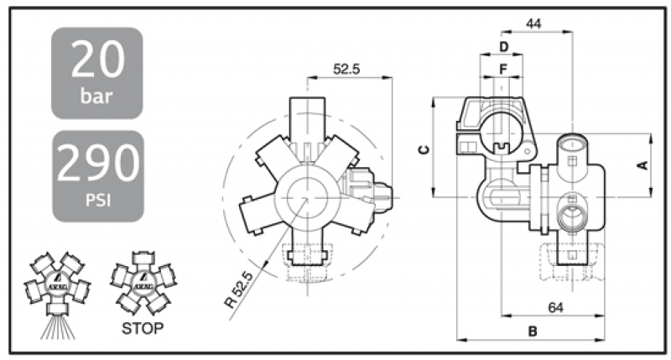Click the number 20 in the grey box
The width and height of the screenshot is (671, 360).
click(x=96, y=60)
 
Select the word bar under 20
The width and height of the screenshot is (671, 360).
click(x=96, y=95)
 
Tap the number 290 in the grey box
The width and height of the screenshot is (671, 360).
click(x=96, y=163)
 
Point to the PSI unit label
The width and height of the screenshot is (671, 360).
click(x=96, y=200)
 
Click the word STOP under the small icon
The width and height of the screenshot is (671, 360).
click(x=140, y=327)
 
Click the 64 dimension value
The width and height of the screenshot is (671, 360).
click(x=554, y=307)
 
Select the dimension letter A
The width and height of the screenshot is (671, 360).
click(x=642, y=165)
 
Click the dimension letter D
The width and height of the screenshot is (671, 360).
click(x=503, y=44)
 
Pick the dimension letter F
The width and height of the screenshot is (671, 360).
click(x=503, y=66)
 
